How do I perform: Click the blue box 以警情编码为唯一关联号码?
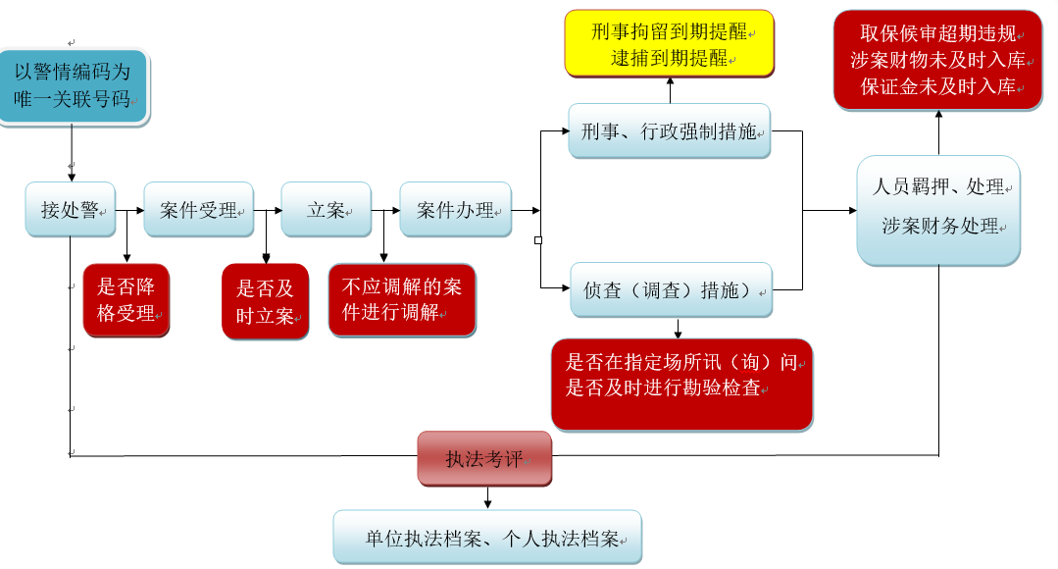(x=74, y=86)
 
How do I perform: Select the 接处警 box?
(x=70, y=209)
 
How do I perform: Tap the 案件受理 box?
(x=199, y=209)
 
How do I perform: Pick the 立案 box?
(x=327, y=209)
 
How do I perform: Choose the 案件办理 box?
(x=456, y=209)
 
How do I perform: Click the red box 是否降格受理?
(x=126, y=300)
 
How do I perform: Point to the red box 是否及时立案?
(x=265, y=301)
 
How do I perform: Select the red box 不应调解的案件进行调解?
(x=402, y=300)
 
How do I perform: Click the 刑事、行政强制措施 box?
(x=670, y=130)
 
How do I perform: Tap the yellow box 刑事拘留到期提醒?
(x=670, y=44)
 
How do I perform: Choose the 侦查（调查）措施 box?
(x=672, y=289)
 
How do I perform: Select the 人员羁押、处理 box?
(x=938, y=210)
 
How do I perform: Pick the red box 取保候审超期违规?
(x=937, y=60)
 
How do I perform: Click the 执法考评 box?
(x=484, y=458)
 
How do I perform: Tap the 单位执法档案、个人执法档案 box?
(x=487, y=537)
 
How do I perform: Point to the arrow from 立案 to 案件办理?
(x=385, y=210)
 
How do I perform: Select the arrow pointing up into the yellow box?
(x=671, y=91)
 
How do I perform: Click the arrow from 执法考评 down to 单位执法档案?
(x=487, y=497)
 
